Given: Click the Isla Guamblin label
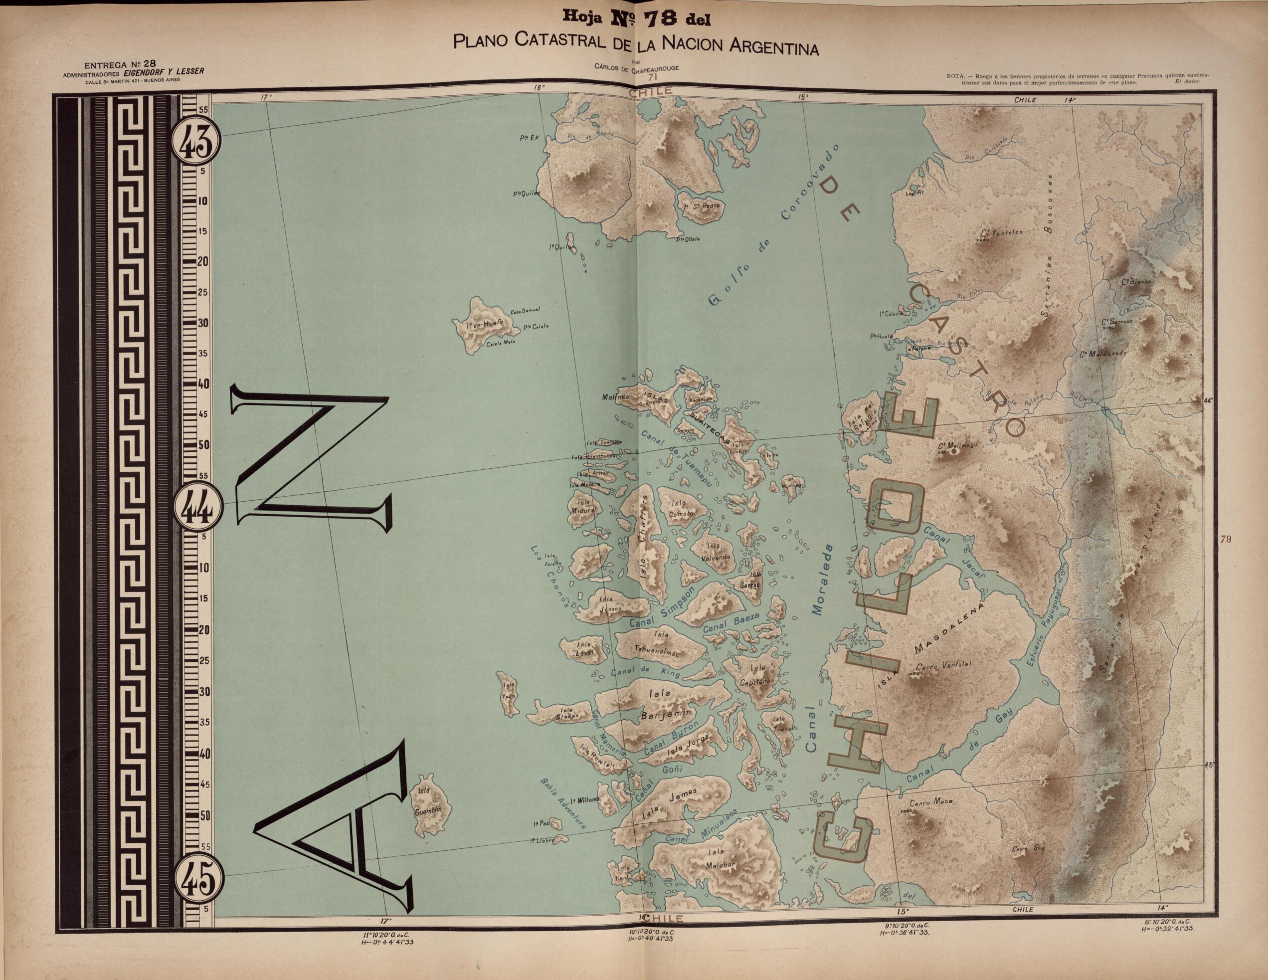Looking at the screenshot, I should [x=428, y=803].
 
